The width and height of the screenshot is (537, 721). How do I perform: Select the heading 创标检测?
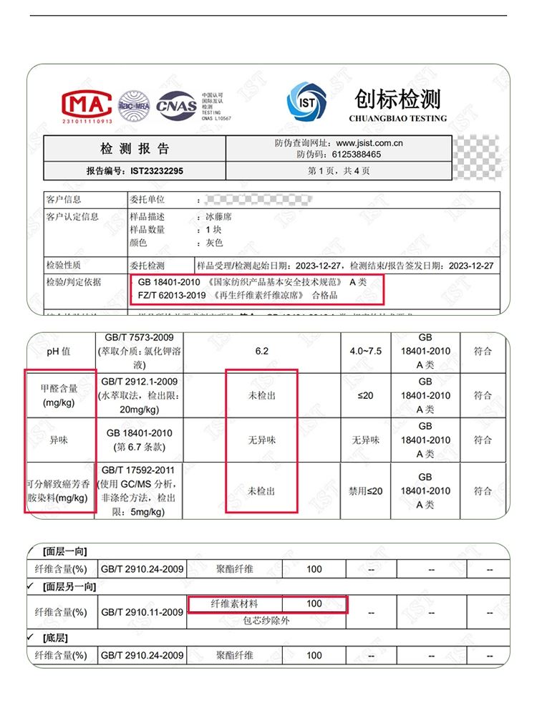[x=397, y=100]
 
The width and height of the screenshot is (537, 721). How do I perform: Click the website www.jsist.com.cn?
[x=369, y=143]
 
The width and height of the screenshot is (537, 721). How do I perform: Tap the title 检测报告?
[x=135, y=149]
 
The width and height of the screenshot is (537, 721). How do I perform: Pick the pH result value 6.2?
[x=261, y=352]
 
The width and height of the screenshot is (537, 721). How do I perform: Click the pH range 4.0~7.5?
[x=366, y=352]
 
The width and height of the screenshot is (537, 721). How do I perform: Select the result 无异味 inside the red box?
[x=261, y=440]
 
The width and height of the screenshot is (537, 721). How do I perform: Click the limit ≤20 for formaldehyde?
[x=366, y=395]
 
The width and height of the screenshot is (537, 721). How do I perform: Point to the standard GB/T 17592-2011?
[x=139, y=470]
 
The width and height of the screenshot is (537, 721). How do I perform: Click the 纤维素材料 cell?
[x=234, y=604]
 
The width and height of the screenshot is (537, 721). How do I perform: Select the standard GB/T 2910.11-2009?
[x=142, y=612]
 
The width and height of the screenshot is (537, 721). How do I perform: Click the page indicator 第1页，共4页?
[x=339, y=171]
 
